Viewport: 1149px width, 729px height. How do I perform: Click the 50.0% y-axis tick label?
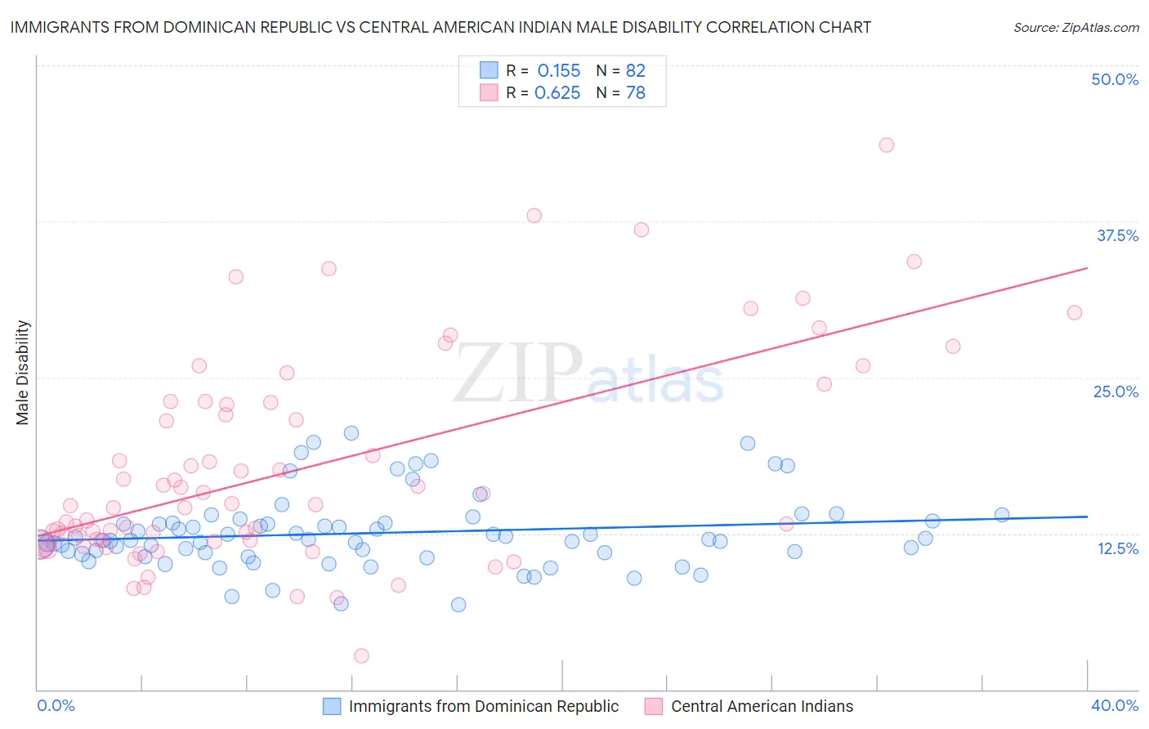(1115, 79)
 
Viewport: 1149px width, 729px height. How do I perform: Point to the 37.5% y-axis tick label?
(1117, 235)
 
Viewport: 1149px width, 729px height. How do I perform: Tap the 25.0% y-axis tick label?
(1115, 391)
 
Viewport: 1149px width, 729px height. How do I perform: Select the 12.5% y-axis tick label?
(1117, 548)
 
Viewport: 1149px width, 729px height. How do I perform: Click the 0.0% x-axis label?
(56, 705)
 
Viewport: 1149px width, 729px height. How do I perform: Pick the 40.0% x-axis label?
(1115, 705)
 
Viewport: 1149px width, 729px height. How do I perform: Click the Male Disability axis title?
(23, 372)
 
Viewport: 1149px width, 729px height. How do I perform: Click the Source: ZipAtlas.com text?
(1075, 27)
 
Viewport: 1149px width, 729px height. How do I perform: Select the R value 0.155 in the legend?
(558, 71)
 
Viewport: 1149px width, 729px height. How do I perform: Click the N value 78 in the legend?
(635, 93)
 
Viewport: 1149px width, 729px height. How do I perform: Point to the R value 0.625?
(557, 93)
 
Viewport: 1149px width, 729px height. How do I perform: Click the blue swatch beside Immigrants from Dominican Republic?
(332, 706)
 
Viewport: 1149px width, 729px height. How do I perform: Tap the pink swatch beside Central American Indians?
(654, 706)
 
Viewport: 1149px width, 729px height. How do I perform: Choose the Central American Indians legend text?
(762, 706)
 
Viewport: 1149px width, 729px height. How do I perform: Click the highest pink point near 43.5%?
(887, 145)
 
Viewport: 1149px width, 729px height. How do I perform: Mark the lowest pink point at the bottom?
(361, 655)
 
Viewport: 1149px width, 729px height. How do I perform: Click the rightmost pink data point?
(1075, 312)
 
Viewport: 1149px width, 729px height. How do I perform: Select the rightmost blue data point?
(1002, 514)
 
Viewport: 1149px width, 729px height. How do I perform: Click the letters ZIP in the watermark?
(518, 373)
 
